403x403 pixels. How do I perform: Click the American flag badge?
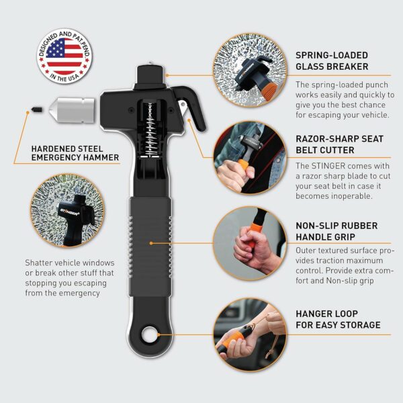point(64,56)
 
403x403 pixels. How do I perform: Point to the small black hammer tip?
point(36,109)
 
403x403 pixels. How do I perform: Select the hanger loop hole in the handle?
point(150,334)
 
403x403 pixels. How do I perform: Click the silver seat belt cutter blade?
point(183,107)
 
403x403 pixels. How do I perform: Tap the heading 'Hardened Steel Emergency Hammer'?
point(75,153)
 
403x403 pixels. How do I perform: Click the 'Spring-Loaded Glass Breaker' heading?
point(332,61)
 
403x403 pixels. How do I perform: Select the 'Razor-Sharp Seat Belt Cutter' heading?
point(339,144)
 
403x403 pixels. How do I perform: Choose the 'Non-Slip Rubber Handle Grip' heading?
point(337,231)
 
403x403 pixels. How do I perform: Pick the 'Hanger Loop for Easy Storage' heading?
point(338,319)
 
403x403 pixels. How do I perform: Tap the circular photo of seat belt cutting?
point(250,158)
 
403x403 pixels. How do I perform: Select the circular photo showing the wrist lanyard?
point(250,335)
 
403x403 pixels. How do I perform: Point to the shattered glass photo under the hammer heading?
point(67,210)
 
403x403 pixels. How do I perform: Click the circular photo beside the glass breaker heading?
point(250,70)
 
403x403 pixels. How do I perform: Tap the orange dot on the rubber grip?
point(151,243)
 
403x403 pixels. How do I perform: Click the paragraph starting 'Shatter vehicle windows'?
point(70,278)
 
